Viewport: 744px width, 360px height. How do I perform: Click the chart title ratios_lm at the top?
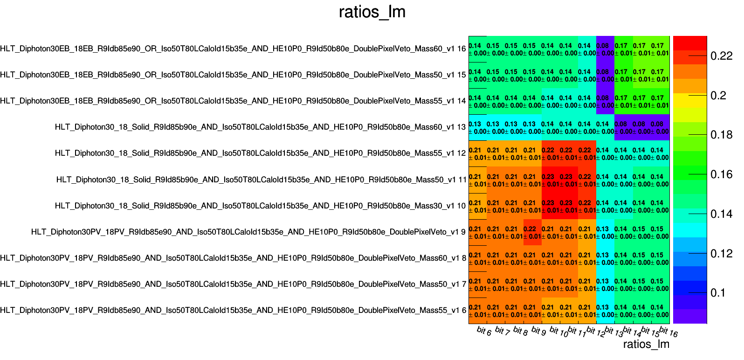pos(372,12)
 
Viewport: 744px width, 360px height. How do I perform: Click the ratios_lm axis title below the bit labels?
pos(646,344)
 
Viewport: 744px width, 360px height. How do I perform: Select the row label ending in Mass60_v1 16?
pos(233,48)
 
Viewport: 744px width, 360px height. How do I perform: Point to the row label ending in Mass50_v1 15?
pos(233,75)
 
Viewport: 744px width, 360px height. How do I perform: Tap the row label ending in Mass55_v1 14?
pos(233,101)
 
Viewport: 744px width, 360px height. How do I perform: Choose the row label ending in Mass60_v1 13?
pos(260,127)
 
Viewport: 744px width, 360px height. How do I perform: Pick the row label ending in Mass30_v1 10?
pos(260,206)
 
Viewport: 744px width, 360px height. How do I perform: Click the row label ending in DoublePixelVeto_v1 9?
pos(248,232)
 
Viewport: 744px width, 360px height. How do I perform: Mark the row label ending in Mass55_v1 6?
pos(233,310)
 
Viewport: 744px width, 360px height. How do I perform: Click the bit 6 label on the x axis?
pos(484,331)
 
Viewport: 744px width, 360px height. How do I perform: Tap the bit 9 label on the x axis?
pos(538,331)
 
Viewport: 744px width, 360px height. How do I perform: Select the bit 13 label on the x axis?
pos(613,332)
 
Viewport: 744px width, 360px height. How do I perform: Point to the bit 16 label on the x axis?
pos(668,332)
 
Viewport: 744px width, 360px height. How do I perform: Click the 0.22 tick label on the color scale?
pos(722,56)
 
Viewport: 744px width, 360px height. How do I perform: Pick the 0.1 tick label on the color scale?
pos(718,293)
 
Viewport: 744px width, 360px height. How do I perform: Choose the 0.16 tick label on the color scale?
pos(722,174)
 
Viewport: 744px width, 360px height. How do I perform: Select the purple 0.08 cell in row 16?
pos(605,48)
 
